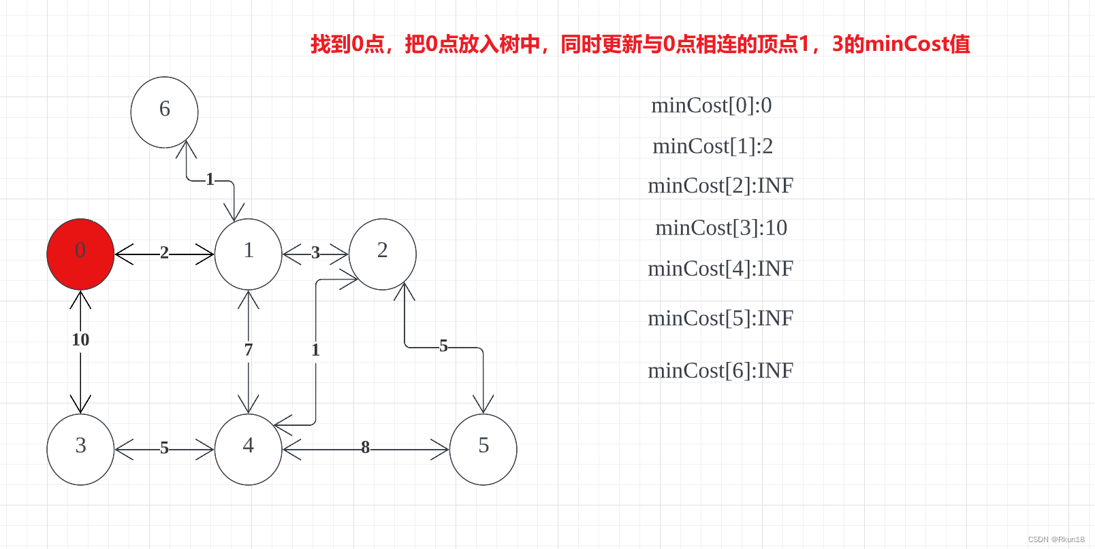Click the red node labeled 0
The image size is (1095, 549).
point(80,254)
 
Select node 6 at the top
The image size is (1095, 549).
point(164,112)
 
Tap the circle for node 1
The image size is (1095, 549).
point(248,254)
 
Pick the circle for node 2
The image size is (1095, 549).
point(382,254)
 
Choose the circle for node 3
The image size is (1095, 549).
point(80,449)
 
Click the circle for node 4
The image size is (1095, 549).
point(248,449)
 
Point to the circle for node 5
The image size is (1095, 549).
point(483,449)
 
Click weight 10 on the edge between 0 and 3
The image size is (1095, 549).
point(80,339)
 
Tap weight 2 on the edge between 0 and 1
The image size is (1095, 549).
point(164,253)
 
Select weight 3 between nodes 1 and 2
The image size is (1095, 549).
point(315,253)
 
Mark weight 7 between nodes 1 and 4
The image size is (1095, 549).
point(249,350)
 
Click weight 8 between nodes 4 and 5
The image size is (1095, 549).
point(366,448)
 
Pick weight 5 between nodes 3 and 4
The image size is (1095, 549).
point(164,448)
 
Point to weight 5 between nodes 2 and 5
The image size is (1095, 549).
point(443,346)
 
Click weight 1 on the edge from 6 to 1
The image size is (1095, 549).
point(210,179)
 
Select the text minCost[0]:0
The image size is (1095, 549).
point(712,105)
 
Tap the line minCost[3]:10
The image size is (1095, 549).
point(721,228)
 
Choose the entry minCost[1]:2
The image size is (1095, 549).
point(713,146)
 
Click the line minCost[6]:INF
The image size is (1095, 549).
point(720,371)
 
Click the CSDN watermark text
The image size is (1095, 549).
point(1056,539)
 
